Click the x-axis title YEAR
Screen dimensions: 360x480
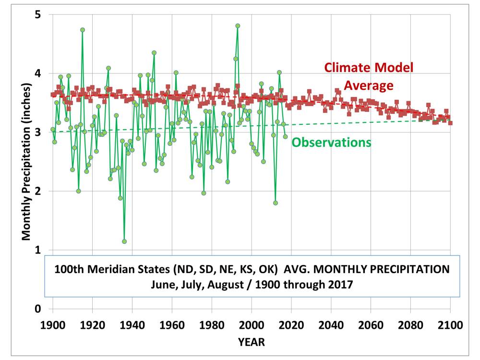(x=251, y=342)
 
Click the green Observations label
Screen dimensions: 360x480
(x=331, y=142)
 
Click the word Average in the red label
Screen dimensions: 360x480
(x=369, y=85)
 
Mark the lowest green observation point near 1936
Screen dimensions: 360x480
(x=124, y=241)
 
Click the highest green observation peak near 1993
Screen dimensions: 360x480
(x=238, y=26)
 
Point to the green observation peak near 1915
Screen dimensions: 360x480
(x=83, y=30)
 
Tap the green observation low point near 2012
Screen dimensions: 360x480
(x=276, y=203)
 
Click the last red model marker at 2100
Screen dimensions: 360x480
(x=450, y=123)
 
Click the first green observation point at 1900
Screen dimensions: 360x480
(x=53, y=130)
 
